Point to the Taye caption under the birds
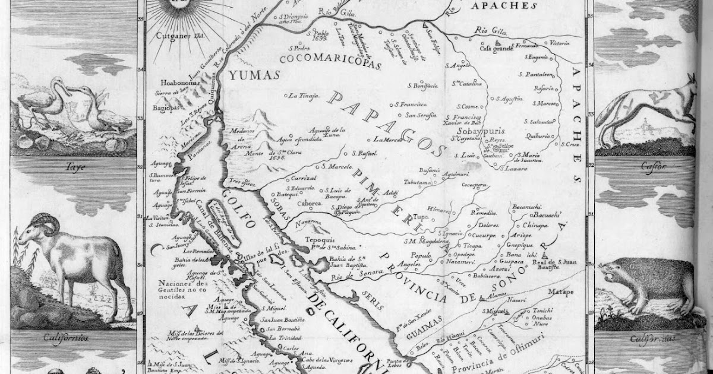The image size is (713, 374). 73,167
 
